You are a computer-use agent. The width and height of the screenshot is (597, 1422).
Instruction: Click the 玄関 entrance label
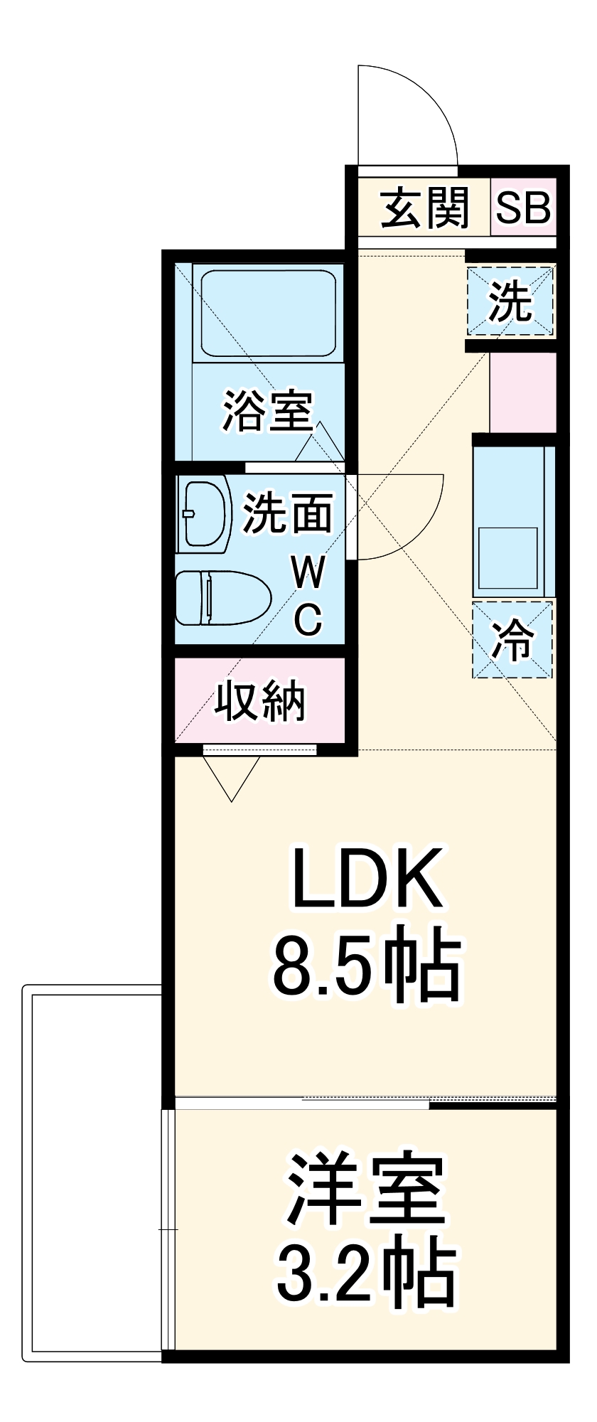pyautogui.click(x=425, y=208)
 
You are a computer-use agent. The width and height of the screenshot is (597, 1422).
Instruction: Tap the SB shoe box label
pyautogui.click(x=523, y=208)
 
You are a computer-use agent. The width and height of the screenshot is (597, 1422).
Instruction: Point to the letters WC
pyautogui.click(x=308, y=596)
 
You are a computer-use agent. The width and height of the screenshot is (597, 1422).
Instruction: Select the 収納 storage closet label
pyautogui.click(x=260, y=702)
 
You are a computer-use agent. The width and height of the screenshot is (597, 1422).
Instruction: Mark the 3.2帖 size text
pyautogui.click(x=365, y=1273)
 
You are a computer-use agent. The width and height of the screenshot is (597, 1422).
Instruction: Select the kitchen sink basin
pyautogui.click(x=508, y=558)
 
